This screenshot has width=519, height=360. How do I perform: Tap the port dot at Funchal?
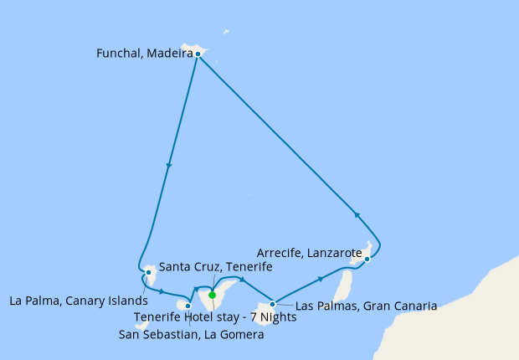(x=198, y=54)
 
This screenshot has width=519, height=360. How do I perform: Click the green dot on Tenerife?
(x=212, y=295)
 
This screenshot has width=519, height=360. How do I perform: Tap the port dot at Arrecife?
(x=367, y=260)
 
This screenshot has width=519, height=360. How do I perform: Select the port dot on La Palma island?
(x=148, y=272)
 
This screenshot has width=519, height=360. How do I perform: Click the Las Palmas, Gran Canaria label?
(x=366, y=306)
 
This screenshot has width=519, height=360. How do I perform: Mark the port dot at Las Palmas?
(x=273, y=304)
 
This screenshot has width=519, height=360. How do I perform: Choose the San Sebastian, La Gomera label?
(x=191, y=335)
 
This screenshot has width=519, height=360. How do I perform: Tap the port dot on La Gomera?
(x=188, y=306)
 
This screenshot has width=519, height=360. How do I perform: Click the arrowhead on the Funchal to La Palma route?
(x=169, y=166)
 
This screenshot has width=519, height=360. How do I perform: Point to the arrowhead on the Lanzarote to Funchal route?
(x=357, y=214)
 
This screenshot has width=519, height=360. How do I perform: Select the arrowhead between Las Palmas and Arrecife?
(x=321, y=279)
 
